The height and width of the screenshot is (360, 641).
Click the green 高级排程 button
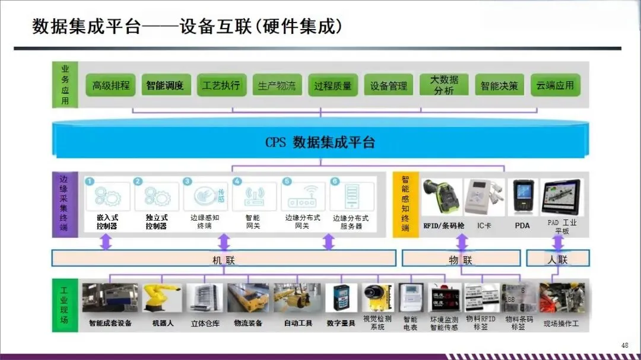click(111, 85)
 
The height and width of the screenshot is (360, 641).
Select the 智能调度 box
click(165, 85)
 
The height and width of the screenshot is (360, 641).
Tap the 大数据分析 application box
click(443, 85)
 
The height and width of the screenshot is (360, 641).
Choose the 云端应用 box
click(555, 85)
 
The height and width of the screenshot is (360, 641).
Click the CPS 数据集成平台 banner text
click(320, 142)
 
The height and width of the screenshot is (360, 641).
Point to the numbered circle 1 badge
click(90, 181)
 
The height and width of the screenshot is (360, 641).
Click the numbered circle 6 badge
click(335, 181)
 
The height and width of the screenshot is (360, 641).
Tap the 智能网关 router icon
click(253, 198)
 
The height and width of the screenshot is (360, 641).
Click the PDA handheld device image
click(523, 197)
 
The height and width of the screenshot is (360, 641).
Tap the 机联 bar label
click(224, 259)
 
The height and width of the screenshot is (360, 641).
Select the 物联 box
click(461, 259)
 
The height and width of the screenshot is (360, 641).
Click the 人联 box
click(558, 259)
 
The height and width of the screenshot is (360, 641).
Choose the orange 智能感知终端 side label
click(405, 204)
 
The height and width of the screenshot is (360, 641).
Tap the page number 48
click(624, 345)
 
